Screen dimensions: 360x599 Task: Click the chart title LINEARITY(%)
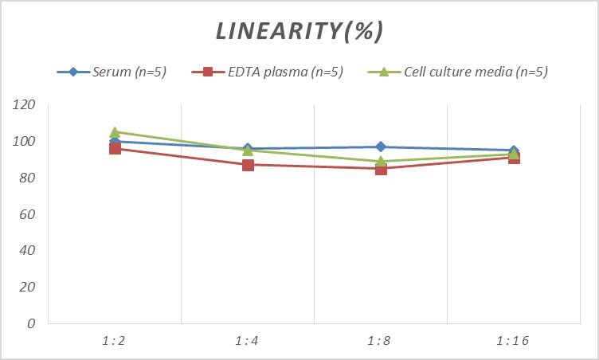pos(299,31)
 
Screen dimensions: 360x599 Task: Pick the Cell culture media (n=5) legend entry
pos(475,72)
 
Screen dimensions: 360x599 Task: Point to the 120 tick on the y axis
pos(25,105)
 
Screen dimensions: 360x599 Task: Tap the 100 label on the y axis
pos(25,142)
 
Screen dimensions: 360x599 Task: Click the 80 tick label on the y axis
pos(28,178)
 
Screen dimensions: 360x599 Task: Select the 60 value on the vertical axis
pos(28,214)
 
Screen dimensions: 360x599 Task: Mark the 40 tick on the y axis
pos(28,250)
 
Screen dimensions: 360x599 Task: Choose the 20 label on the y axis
pos(28,287)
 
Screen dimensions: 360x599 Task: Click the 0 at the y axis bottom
pos(31,323)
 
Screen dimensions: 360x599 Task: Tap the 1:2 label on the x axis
pos(115,341)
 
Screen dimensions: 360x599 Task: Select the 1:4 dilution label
pos(248,341)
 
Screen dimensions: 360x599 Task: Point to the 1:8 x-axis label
pos(381,341)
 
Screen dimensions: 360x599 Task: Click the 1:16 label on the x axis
pos(514,341)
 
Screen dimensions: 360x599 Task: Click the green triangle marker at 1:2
pos(115,132)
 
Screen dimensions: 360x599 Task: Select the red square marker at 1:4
pos(248,165)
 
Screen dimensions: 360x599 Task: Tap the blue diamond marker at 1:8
pos(381,147)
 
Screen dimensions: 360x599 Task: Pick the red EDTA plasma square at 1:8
pos(381,169)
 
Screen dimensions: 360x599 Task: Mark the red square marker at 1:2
pos(115,149)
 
